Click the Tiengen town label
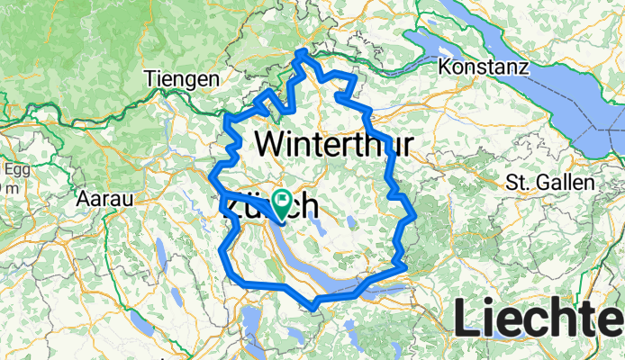[181, 80]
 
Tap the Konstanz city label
[481, 67]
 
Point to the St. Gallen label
[550, 182]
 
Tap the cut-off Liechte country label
[539, 319]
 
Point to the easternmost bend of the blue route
[414, 217]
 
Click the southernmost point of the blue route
[313, 308]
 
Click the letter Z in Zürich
[230, 207]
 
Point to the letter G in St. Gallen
[540, 182]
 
